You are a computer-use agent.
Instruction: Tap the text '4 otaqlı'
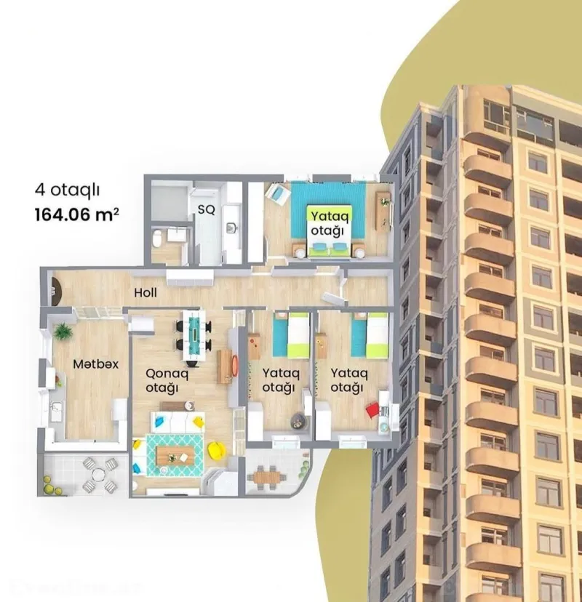67,190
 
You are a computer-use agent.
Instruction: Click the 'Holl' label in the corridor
145,293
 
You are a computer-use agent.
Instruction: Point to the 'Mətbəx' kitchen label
95,363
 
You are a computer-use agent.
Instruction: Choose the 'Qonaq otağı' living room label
162,380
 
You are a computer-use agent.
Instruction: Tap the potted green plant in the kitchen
63,332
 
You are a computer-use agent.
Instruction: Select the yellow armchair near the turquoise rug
215,451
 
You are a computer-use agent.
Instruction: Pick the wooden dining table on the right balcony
267,478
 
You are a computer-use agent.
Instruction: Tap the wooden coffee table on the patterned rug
176,457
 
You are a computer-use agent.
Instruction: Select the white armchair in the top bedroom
276,193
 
